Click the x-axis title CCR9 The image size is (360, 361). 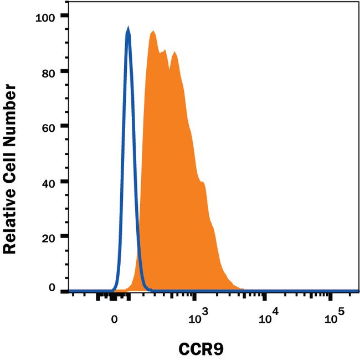point(201,349)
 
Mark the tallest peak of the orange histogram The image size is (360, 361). point(152,32)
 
